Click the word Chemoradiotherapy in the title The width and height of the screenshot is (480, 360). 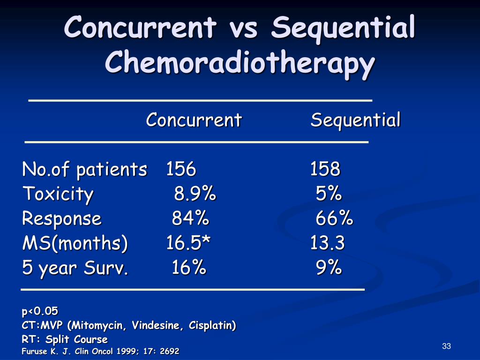click(x=240, y=62)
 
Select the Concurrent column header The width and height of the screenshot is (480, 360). click(x=194, y=120)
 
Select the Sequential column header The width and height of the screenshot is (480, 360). click(x=355, y=120)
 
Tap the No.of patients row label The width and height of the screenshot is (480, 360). click(x=84, y=169)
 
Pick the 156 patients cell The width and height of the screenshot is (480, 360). click(x=181, y=169)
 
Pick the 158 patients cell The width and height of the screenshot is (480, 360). click(x=325, y=169)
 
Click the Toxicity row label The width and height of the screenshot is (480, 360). click(x=58, y=194)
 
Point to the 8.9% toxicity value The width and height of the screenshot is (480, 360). click(x=195, y=194)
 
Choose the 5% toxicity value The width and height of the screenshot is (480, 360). click(x=329, y=194)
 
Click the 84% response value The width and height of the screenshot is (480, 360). click(x=190, y=218)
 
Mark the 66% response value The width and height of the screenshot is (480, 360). click(x=334, y=218)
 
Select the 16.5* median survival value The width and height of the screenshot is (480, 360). click(x=188, y=243)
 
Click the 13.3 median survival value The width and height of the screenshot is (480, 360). click(x=327, y=243)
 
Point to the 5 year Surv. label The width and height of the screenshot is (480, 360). click(x=75, y=268)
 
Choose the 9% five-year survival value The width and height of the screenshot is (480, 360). click(x=329, y=268)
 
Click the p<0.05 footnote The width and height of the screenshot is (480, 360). click(x=40, y=311)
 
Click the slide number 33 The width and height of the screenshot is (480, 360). click(x=446, y=346)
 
